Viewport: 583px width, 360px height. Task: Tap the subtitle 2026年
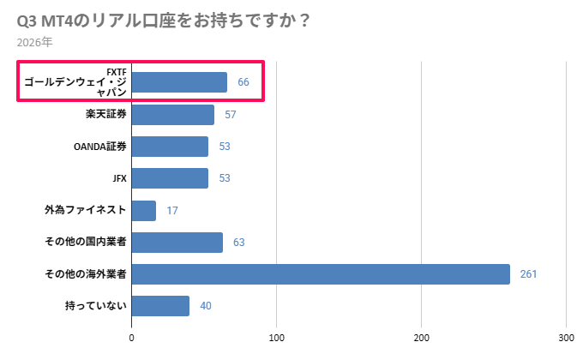point(34,41)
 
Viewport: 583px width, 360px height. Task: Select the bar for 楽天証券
point(173,114)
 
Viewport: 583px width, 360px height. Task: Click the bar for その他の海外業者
point(321,274)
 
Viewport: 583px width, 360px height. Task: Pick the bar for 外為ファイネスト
point(144,210)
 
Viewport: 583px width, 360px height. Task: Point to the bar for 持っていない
point(160,306)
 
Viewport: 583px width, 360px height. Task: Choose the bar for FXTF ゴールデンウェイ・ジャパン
point(179,82)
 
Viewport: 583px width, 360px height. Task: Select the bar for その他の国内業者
point(177,243)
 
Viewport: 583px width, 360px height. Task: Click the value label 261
point(528,274)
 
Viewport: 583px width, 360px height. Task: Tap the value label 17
point(172,210)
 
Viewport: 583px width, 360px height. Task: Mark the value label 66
point(243,82)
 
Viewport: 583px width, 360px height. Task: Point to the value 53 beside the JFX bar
point(225,178)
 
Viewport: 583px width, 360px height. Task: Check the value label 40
point(206,306)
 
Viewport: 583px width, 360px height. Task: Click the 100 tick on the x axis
point(277,338)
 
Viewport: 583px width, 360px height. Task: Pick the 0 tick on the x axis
point(132,338)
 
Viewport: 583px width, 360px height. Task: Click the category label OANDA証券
point(100,147)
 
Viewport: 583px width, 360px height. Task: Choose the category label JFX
point(119,178)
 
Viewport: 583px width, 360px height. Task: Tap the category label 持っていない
point(96,306)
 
